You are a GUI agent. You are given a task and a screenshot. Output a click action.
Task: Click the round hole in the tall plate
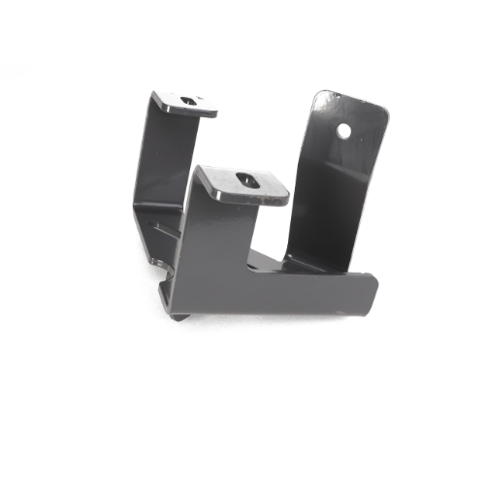[x=343, y=128]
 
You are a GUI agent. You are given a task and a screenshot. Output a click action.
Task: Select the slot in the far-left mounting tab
[x=187, y=99]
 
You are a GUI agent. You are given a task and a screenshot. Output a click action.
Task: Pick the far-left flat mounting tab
[x=184, y=103]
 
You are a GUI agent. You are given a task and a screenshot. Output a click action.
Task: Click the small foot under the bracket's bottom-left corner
[x=180, y=314]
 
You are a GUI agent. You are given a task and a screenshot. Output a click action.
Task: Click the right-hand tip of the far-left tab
[x=214, y=112]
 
